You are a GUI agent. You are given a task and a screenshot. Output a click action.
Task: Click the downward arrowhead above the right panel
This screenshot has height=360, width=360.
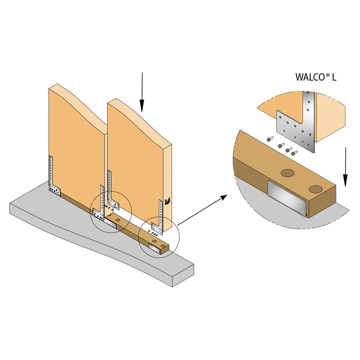click(142, 106)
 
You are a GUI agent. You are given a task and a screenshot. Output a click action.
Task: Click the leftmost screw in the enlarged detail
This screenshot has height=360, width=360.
click(270, 139)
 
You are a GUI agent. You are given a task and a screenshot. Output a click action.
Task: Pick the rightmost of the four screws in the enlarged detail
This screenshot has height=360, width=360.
click(295, 153)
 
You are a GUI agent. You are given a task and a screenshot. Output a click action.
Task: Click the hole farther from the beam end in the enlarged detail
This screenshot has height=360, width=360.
click(287, 173)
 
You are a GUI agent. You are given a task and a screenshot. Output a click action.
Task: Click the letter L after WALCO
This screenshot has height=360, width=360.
click(334, 77)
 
